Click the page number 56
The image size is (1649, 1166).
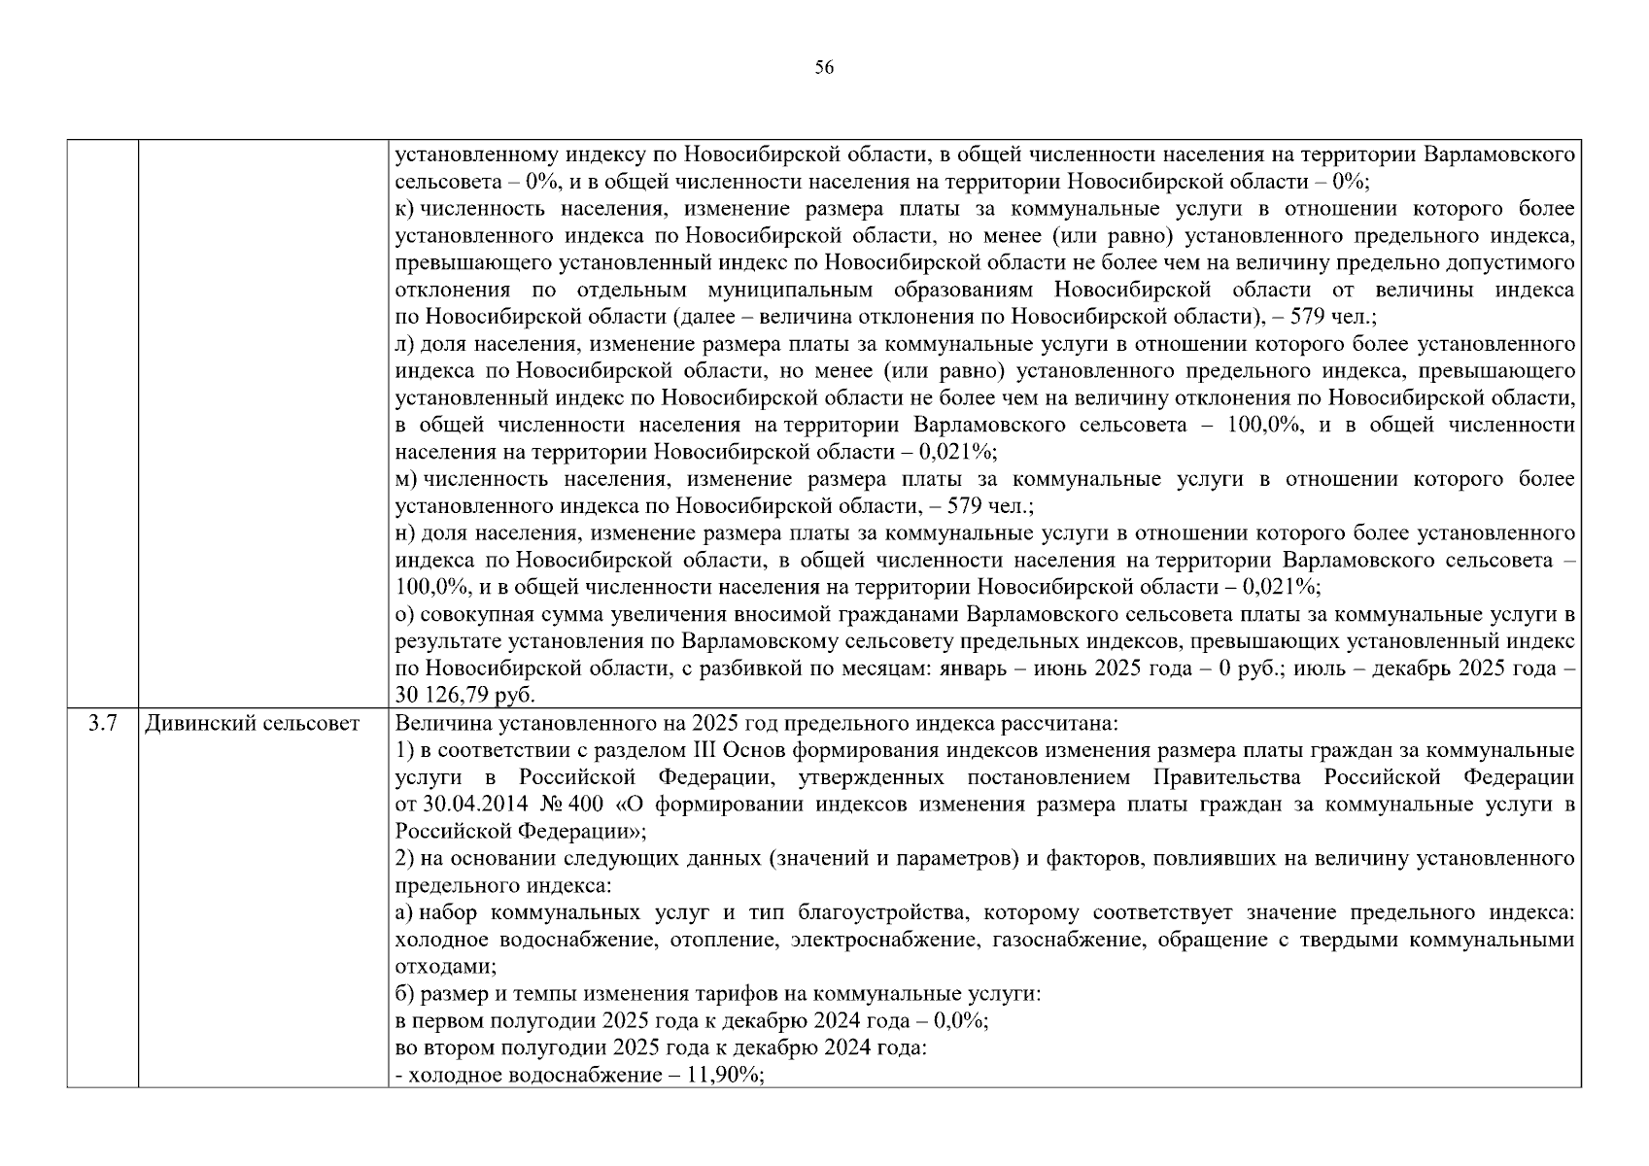[x=824, y=68]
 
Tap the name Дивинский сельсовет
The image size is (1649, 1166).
[x=252, y=724]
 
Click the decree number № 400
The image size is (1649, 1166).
[x=581, y=806]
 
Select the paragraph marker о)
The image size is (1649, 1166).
[x=405, y=615]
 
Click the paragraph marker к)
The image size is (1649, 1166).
[x=405, y=209]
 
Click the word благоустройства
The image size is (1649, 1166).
[x=881, y=913]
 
